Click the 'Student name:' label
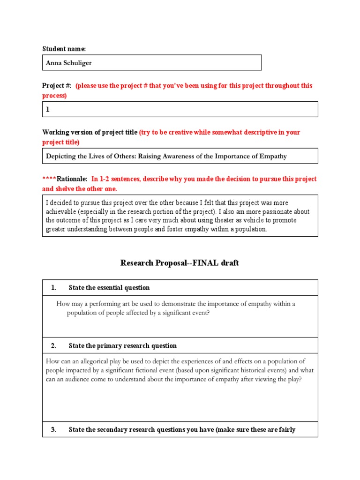[x=64, y=49]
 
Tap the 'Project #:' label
[x=57, y=86]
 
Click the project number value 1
[x=47, y=109]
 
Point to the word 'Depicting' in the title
[x=60, y=156]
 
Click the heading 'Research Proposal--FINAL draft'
[x=180, y=263]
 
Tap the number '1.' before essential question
[x=53, y=288]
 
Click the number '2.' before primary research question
[x=53, y=346]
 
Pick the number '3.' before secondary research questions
[x=53, y=430]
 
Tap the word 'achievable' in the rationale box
[x=61, y=212]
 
